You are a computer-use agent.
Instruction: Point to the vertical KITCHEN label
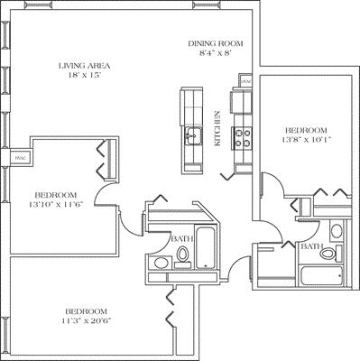tap(217, 129)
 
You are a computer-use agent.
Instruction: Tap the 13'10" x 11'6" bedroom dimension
tap(56, 205)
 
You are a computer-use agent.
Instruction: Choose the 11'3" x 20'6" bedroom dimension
tap(87, 320)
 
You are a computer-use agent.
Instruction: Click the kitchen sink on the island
tap(192, 136)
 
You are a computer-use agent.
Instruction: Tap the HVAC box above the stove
tap(245, 81)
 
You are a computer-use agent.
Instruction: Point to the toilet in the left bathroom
tap(182, 259)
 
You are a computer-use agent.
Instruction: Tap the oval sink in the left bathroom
tap(159, 264)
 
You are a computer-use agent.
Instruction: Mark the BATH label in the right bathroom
tap(312, 246)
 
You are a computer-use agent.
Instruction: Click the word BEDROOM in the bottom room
tap(87, 310)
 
